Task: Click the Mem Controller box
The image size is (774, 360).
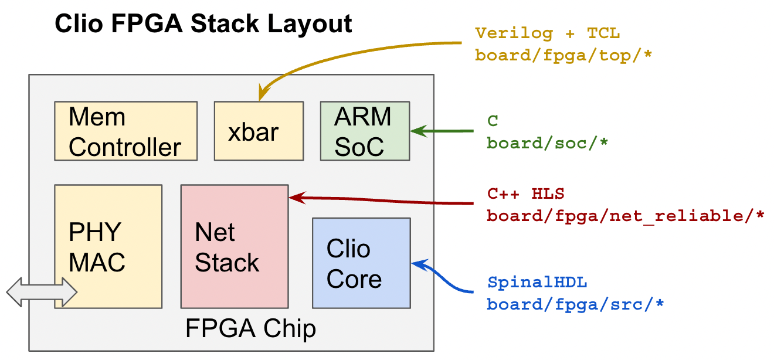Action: (x=125, y=131)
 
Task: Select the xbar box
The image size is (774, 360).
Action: (x=259, y=131)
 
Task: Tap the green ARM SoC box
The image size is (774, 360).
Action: (x=365, y=131)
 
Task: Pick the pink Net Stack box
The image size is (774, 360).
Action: (x=234, y=246)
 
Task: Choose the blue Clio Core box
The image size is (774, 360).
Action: (x=361, y=263)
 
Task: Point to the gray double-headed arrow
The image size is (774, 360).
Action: (x=42, y=291)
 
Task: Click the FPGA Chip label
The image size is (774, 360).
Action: (x=250, y=328)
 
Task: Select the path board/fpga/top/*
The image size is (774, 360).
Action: (x=563, y=56)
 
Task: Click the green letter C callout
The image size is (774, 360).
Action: (x=493, y=121)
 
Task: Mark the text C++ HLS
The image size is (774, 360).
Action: (x=526, y=193)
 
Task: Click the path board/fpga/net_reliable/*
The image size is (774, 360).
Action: (x=626, y=216)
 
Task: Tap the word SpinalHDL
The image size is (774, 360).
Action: (x=537, y=283)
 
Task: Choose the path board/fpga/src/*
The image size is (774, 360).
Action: (x=575, y=305)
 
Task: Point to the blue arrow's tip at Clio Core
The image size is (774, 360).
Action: (x=415, y=263)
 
